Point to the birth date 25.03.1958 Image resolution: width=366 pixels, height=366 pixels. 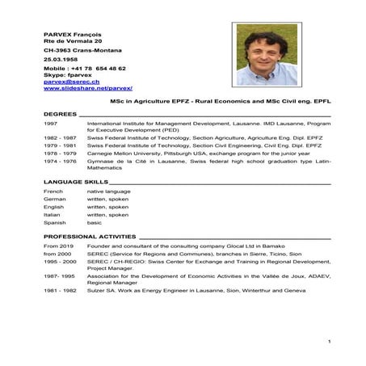click(x=61, y=60)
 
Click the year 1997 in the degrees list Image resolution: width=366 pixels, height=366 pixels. click(x=50, y=124)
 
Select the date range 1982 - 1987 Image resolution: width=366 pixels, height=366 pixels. click(x=60, y=138)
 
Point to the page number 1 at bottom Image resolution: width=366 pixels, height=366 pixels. click(x=329, y=345)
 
